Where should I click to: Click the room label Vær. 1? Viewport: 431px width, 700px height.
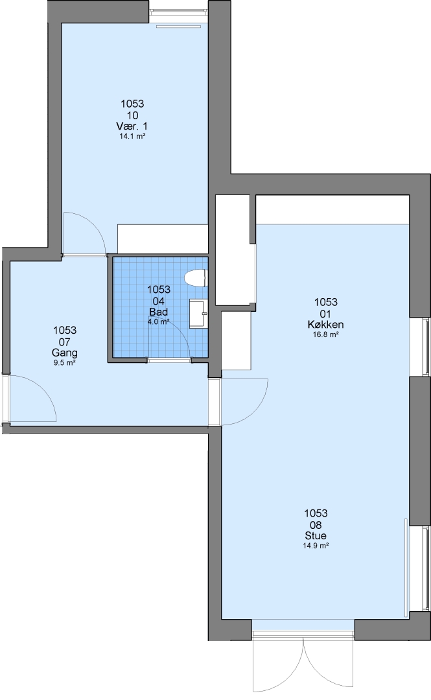tap(132, 126)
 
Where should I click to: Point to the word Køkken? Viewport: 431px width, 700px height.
tap(325, 325)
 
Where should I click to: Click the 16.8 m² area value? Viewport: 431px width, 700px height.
tap(325, 335)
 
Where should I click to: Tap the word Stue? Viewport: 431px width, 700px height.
tap(316, 535)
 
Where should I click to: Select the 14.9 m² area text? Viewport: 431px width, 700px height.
tap(316, 546)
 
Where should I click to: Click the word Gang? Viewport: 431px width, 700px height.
tap(65, 353)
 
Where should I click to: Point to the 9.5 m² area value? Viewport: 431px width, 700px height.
tap(65, 363)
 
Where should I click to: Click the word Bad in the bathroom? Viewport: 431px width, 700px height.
tap(159, 312)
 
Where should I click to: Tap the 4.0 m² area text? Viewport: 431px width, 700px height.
tap(159, 321)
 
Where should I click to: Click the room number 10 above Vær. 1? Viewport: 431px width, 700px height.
tap(132, 115)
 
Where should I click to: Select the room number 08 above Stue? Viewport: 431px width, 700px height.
tap(316, 524)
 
